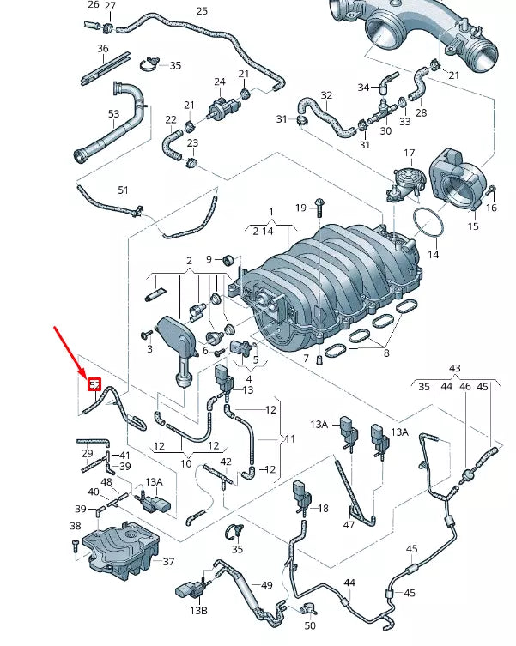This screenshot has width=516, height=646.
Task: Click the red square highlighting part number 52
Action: [95, 384]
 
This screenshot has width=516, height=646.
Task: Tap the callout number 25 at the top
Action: [202, 11]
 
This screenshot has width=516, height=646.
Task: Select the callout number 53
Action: [113, 114]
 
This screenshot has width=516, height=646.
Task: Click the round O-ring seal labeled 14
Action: [428, 224]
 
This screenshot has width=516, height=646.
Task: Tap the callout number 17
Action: [410, 154]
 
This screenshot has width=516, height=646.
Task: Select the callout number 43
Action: [455, 368]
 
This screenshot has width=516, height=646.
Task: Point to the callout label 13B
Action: [199, 610]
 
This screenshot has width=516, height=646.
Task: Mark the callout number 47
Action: [349, 524]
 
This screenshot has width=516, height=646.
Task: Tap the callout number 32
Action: [326, 95]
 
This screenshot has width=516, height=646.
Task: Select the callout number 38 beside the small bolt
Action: [75, 526]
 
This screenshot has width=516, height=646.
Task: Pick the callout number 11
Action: [290, 438]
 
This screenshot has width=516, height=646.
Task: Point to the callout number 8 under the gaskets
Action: [385, 353]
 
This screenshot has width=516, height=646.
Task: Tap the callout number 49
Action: [267, 585]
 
